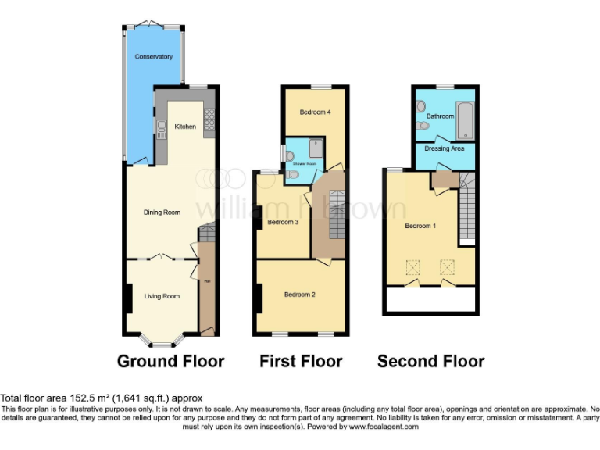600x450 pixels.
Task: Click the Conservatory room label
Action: [x=153, y=57]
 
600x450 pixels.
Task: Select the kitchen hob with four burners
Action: [x=209, y=119]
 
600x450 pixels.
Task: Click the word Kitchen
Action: [x=185, y=127]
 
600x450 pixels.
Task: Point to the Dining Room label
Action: [x=162, y=212]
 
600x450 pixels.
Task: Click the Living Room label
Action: [x=162, y=296]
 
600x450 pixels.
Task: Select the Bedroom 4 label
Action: [x=315, y=112]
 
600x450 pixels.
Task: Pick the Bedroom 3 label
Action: [x=283, y=222]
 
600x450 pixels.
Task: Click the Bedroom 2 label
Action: [x=299, y=295]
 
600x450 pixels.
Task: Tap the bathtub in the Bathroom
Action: [x=464, y=120]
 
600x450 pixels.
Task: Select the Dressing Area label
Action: [x=444, y=148]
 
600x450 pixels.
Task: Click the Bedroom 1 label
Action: [x=420, y=226]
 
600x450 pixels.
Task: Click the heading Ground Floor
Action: [x=170, y=361]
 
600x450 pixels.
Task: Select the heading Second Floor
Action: [x=430, y=361]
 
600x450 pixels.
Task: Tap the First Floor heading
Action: [x=301, y=361]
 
